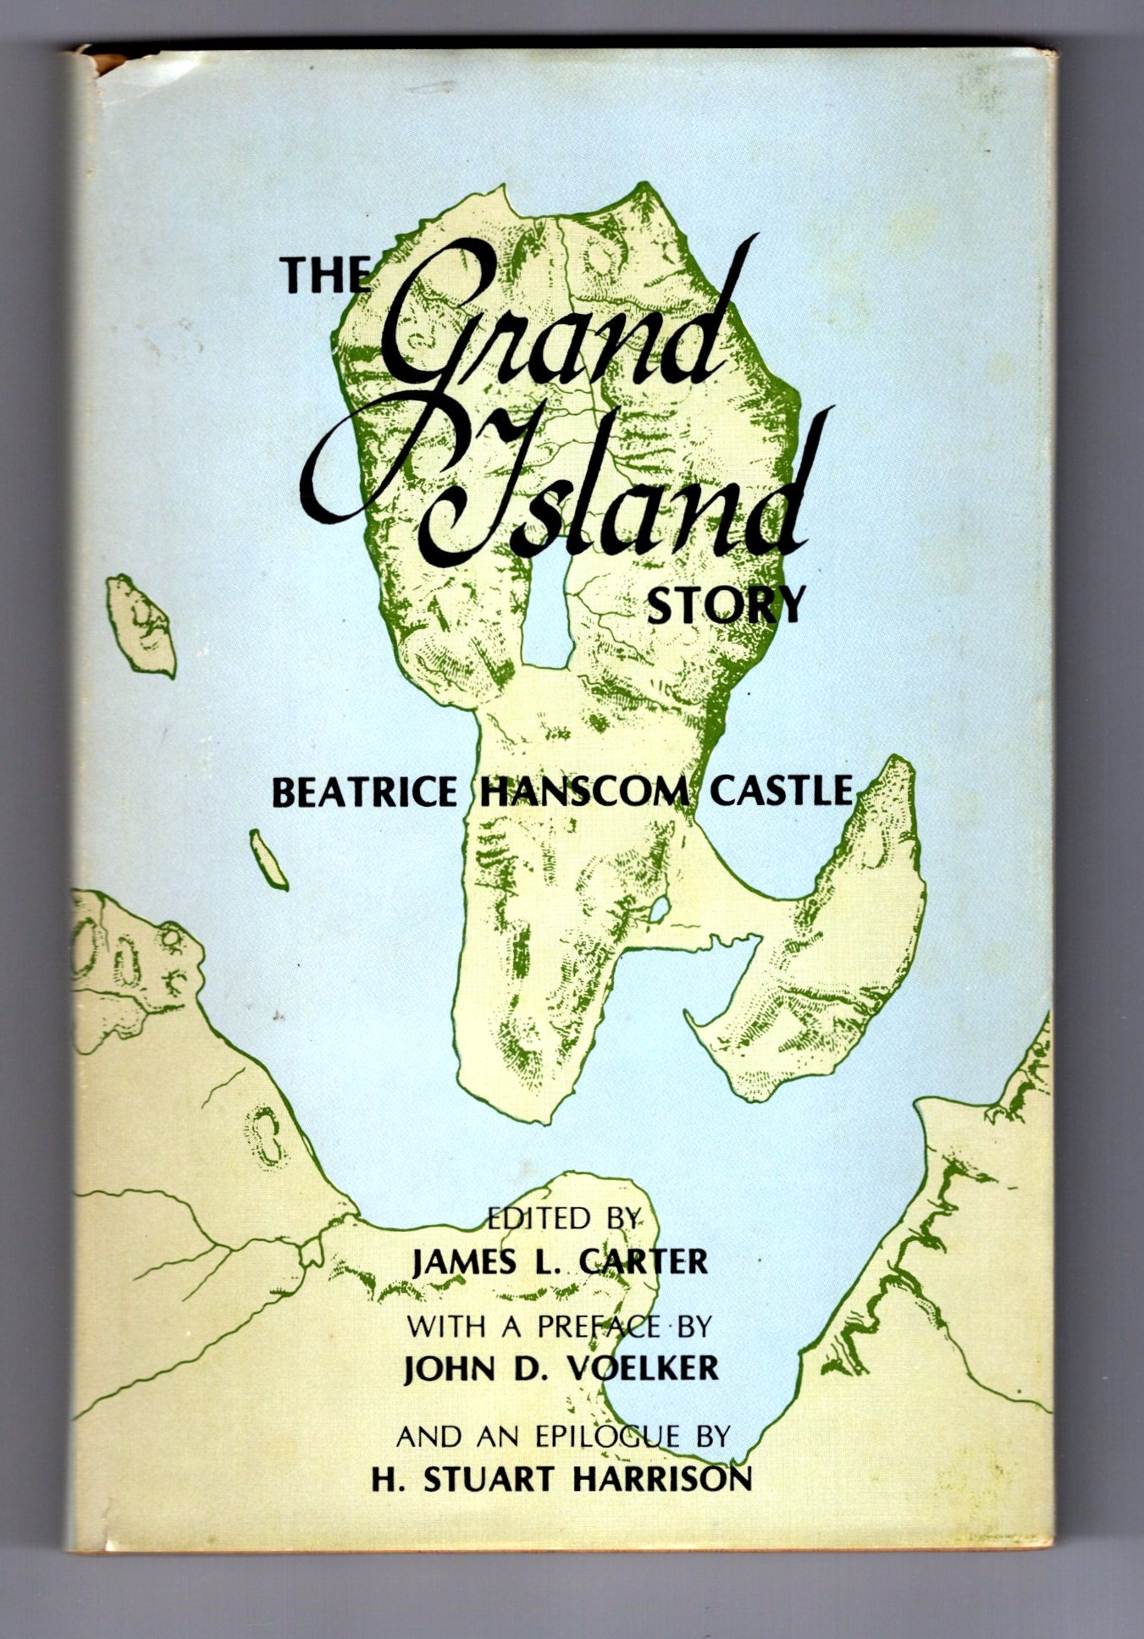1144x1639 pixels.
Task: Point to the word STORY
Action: pos(724,604)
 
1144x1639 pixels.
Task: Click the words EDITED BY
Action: pos(561,1217)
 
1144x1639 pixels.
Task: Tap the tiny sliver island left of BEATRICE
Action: pos(268,859)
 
